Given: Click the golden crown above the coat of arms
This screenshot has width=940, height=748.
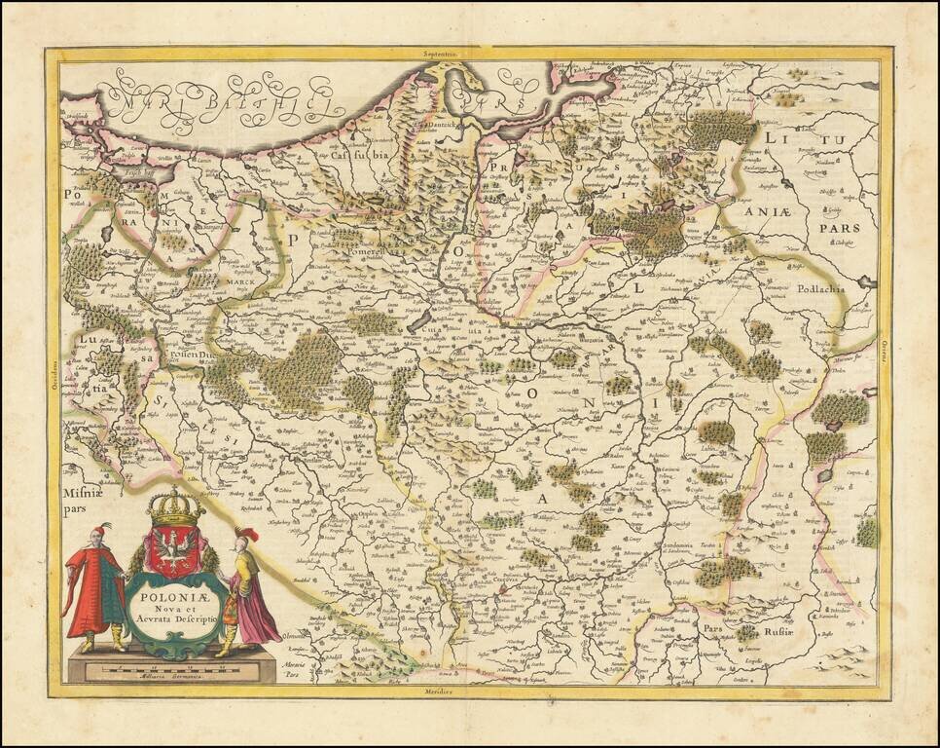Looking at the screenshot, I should point(174,506).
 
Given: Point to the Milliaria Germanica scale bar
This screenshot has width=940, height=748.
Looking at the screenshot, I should point(171,671).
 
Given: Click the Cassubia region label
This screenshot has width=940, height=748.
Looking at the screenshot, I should point(359,153).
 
